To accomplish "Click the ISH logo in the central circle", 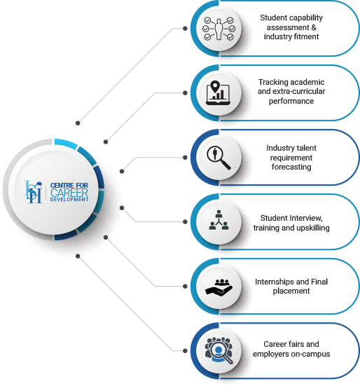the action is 33,192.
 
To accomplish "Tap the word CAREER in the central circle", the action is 69,193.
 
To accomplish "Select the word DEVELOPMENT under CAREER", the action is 69,200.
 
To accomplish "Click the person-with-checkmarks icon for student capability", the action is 219,29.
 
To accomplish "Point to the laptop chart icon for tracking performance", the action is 218,92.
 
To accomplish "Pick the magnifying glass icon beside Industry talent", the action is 219,158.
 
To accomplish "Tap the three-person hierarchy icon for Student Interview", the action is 219,220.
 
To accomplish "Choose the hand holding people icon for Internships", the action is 219,287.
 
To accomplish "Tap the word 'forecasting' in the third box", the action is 291,167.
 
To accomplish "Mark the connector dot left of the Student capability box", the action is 185,29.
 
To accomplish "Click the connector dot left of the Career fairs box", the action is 185,351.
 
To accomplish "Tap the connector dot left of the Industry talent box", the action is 185,158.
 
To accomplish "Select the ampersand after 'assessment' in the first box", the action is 314,27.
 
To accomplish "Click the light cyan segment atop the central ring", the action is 65,144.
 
